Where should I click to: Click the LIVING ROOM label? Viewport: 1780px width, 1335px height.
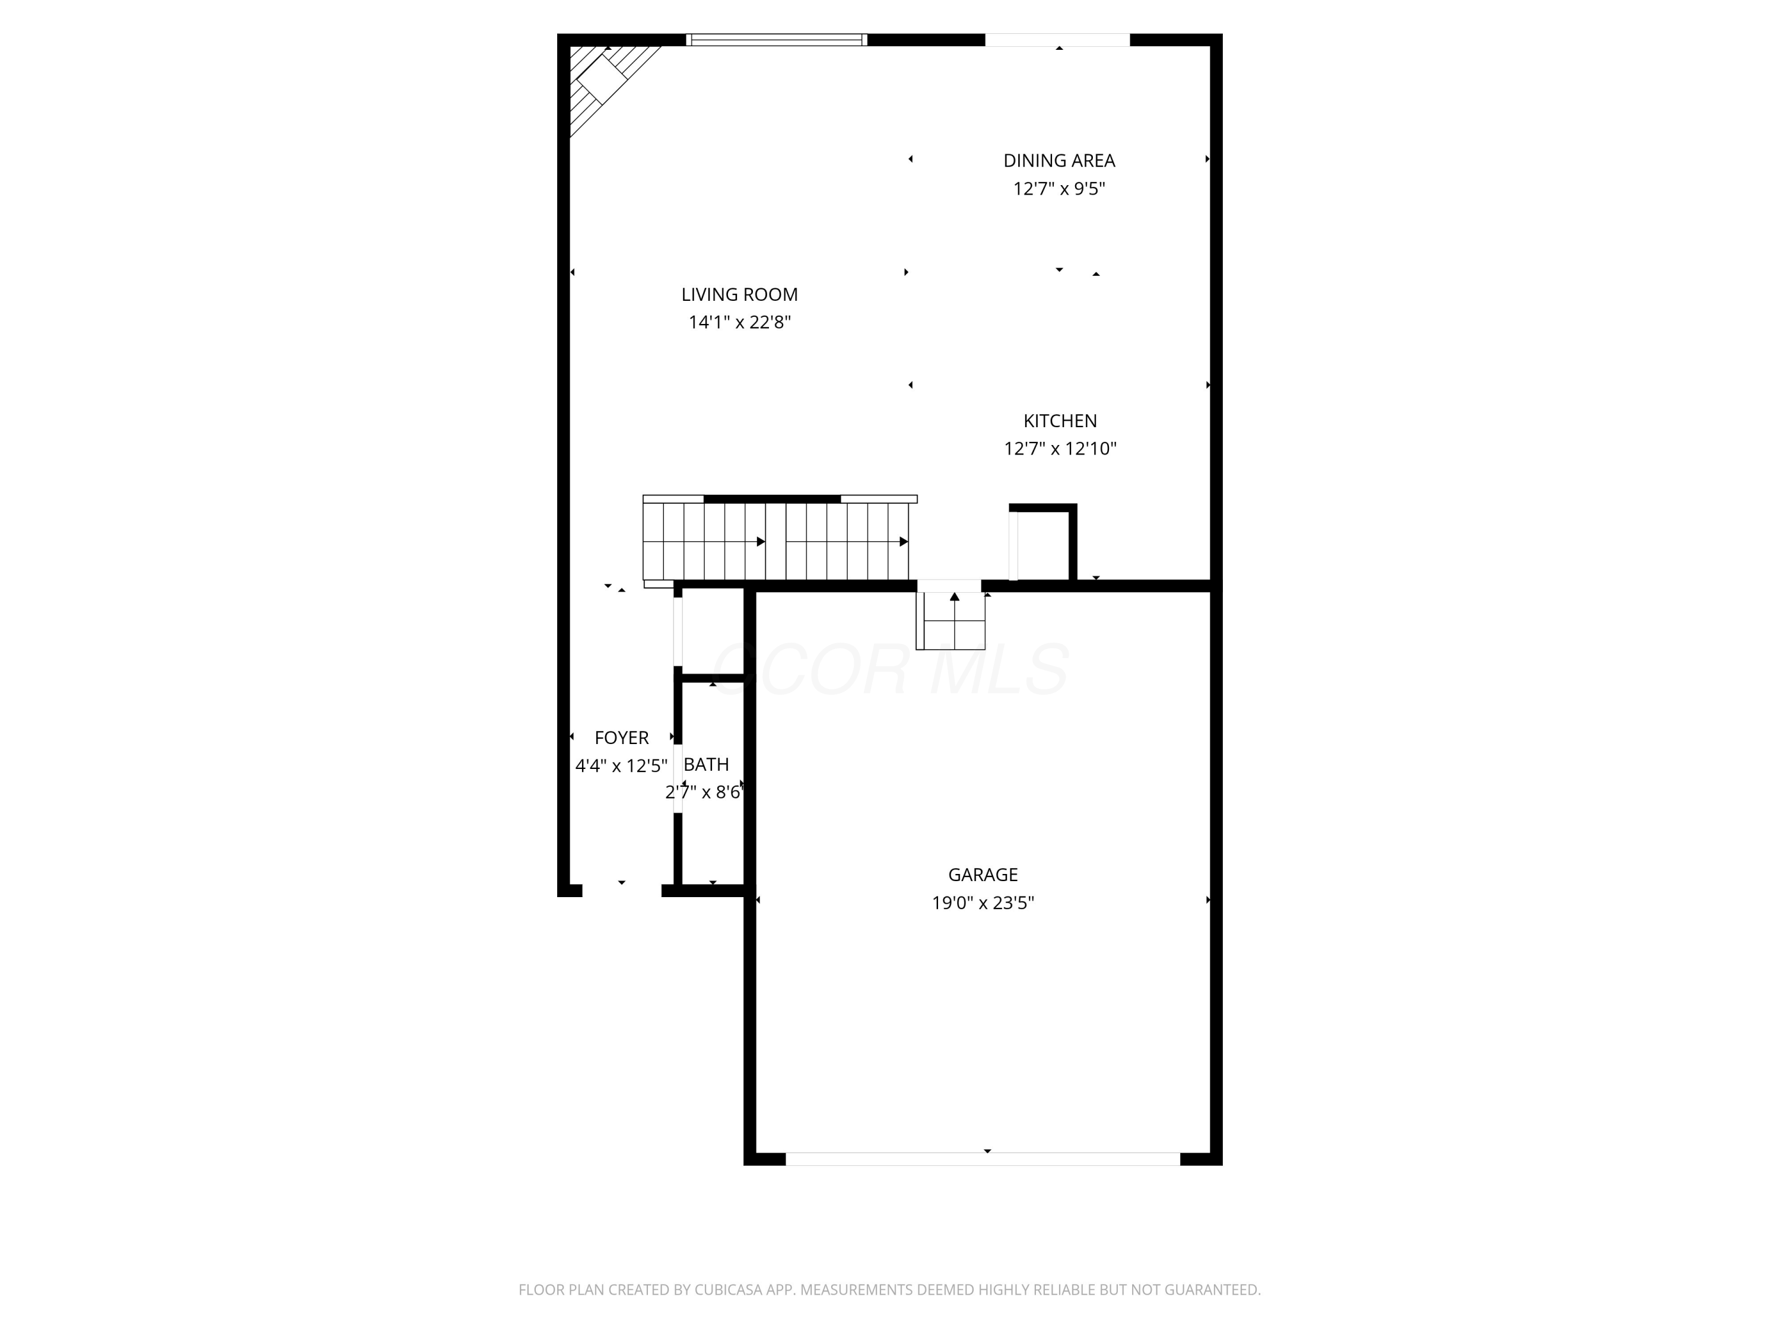(739, 294)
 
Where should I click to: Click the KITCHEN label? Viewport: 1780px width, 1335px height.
(1059, 421)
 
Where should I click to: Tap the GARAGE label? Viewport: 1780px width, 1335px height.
(982, 875)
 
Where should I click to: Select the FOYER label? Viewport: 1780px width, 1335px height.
(621, 738)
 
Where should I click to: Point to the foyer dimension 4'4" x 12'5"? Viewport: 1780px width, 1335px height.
(621, 766)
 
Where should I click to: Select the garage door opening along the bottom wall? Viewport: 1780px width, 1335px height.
(982, 1159)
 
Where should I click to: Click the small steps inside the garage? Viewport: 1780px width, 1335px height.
(951, 621)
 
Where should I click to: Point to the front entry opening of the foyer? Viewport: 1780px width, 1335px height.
(621, 890)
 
